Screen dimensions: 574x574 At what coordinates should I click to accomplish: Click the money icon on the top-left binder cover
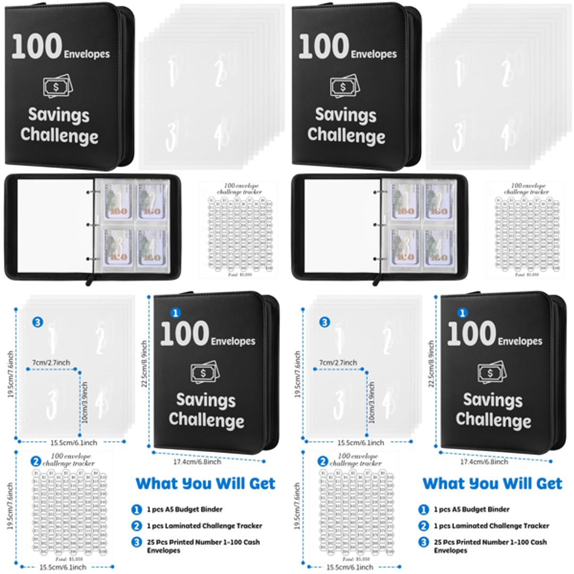coord(57,86)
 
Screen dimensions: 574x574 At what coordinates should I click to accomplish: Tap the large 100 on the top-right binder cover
coord(324,47)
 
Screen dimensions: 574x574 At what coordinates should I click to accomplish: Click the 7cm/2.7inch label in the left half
coord(51,362)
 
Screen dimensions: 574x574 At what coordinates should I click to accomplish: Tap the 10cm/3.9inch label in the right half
coord(372,402)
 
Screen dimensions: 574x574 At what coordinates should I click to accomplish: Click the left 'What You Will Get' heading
coord(205,484)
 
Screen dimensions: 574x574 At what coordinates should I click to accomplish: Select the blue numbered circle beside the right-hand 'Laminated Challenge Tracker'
coord(424,526)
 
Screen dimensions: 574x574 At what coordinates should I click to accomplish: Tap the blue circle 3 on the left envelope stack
coord(37,322)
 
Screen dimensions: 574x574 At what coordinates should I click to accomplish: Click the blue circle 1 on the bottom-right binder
coord(462,313)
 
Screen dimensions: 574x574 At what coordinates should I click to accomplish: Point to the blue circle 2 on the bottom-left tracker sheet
coord(36,461)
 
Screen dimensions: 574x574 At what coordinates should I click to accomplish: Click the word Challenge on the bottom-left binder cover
coord(206,420)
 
